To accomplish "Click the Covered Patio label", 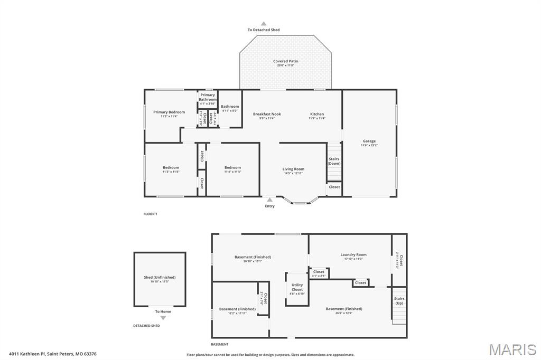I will click(285, 61).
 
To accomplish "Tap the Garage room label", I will click(369, 141).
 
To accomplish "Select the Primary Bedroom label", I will click(169, 112).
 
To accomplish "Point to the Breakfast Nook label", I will click(267, 114).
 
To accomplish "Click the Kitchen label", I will click(317, 114).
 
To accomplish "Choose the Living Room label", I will click(293, 169).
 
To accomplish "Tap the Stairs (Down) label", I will click(334, 161).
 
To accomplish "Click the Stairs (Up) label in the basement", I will click(399, 301).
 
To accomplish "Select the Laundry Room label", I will click(353, 254).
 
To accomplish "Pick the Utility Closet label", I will click(297, 287).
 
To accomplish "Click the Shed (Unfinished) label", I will click(160, 277).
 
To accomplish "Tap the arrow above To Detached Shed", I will click(264, 23).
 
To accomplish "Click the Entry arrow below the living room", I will click(269, 200).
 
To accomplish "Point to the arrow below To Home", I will click(163, 318).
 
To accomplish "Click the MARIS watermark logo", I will click(512, 349).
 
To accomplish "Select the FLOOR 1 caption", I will click(151, 214).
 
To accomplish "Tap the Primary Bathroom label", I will click(207, 97).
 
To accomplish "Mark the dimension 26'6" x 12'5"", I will click(343, 313).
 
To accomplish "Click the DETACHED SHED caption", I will click(146, 326).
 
